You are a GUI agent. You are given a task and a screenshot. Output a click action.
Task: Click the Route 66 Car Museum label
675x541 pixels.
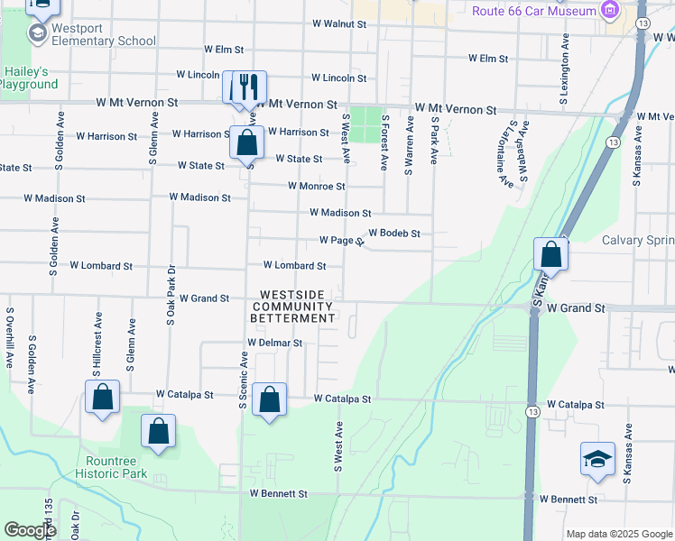(535, 11)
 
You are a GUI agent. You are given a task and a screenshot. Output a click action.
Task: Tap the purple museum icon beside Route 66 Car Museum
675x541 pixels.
(611, 11)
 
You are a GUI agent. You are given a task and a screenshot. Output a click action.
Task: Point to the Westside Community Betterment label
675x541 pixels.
(298, 307)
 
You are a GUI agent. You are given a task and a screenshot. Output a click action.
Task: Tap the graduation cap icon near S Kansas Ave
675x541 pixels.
(597, 459)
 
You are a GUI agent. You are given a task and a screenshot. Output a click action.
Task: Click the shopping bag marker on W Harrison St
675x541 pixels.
(246, 142)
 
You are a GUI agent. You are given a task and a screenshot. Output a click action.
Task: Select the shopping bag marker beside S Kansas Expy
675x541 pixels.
(551, 254)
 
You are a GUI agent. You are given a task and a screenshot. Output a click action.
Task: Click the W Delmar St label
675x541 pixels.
(274, 344)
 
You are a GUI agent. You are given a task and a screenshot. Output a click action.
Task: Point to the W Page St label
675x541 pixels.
(341, 241)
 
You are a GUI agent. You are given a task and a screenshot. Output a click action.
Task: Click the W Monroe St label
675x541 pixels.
(316, 187)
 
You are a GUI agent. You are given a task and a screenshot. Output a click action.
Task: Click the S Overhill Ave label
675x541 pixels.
(10, 337)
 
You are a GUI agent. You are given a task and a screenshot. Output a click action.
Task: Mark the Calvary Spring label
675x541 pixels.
(637, 240)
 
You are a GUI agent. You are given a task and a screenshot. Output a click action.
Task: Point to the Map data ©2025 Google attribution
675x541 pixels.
(618, 534)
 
